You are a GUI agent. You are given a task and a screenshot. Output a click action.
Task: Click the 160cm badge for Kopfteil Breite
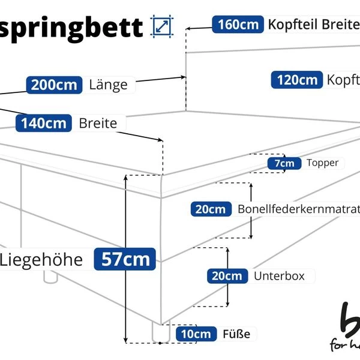pyautogui.click(x=238, y=25)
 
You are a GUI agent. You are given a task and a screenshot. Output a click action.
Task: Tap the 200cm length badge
pyautogui.click(x=54, y=85)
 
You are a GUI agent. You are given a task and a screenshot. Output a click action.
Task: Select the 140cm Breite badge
pyautogui.click(x=44, y=124)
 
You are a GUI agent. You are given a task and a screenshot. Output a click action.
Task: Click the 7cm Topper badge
pyautogui.click(x=284, y=163)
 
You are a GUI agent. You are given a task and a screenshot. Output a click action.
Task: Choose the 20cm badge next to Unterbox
pyautogui.click(x=227, y=276)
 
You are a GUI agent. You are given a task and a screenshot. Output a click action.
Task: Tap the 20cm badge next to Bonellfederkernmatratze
pyautogui.click(x=211, y=209)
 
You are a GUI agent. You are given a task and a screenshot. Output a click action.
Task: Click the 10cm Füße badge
pyautogui.click(x=197, y=334)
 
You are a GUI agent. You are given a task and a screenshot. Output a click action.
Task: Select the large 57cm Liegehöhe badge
pyautogui.click(x=125, y=260)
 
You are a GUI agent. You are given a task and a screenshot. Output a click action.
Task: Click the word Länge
pyautogui.click(x=108, y=85)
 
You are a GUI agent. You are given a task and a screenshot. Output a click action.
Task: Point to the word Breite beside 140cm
pyautogui.click(x=98, y=124)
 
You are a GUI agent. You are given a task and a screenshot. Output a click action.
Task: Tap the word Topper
pyautogui.click(x=322, y=163)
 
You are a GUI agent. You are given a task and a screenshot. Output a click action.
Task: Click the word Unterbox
pyautogui.click(x=279, y=276)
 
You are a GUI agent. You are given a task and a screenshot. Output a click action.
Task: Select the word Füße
pyautogui.click(x=236, y=334)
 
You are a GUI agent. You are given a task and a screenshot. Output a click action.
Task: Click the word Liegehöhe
pyautogui.click(x=41, y=260)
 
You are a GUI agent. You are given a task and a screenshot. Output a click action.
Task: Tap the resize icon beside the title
pyautogui.click(x=162, y=26)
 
